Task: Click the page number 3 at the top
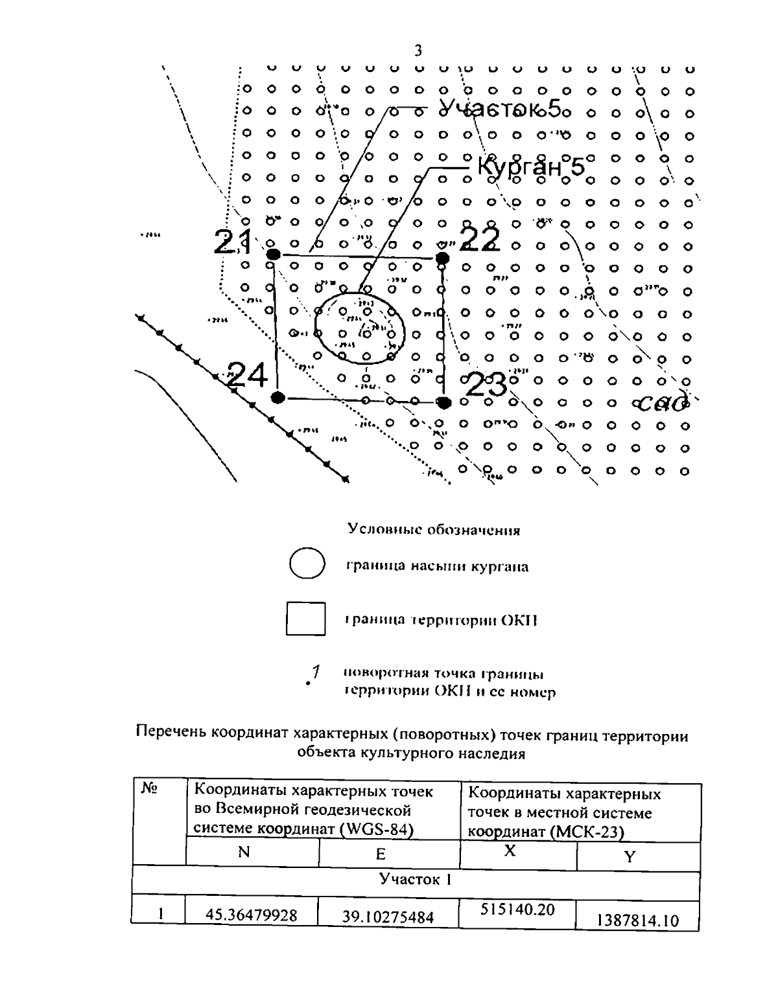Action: click(x=418, y=51)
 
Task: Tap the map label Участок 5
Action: click(x=499, y=109)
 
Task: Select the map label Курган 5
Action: click(x=530, y=166)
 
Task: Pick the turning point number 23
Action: click(x=486, y=386)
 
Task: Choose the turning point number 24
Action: click(x=246, y=374)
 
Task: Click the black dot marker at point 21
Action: click(x=273, y=253)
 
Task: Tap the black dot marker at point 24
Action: click(x=278, y=397)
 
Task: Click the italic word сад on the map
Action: click(x=663, y=404)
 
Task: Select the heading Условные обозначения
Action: click(x=434, y=530)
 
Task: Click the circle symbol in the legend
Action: click(x=306, y=565)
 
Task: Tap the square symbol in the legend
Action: click(x=306, y=619)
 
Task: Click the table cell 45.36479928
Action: click(x=252, y=915)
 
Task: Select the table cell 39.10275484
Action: click(x=388, y=917)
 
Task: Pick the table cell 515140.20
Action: click(x=517, y=909)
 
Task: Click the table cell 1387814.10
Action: click(x=637, y=920)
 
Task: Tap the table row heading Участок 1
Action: click(x=415, y=880)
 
